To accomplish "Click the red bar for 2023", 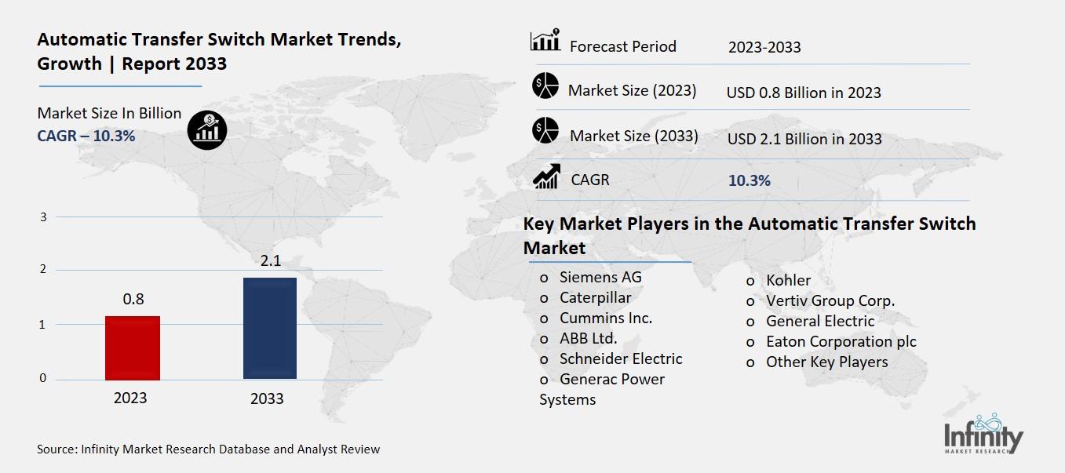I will (133, 348).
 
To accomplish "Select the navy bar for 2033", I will (270, 328).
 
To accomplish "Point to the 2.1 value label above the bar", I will (271, 261).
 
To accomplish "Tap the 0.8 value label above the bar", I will (133, 299).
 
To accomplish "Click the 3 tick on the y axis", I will (44, 216).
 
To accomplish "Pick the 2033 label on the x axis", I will (267, 398).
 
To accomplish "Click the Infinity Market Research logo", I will (983, 434).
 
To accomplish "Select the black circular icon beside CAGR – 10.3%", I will (207, 129).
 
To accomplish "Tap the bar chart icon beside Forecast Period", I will (545, 41).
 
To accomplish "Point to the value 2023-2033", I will (764, 47).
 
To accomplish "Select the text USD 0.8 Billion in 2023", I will (804, 93).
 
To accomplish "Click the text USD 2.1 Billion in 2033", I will (804, 139).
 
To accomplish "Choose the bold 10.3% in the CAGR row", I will (750, 180).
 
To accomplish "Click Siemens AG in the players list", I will (600, 277).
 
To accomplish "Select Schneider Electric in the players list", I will (621, 358).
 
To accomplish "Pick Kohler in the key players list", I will (789, 280).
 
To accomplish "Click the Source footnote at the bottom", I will (208, 449).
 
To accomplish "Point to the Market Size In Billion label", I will (109, 113).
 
